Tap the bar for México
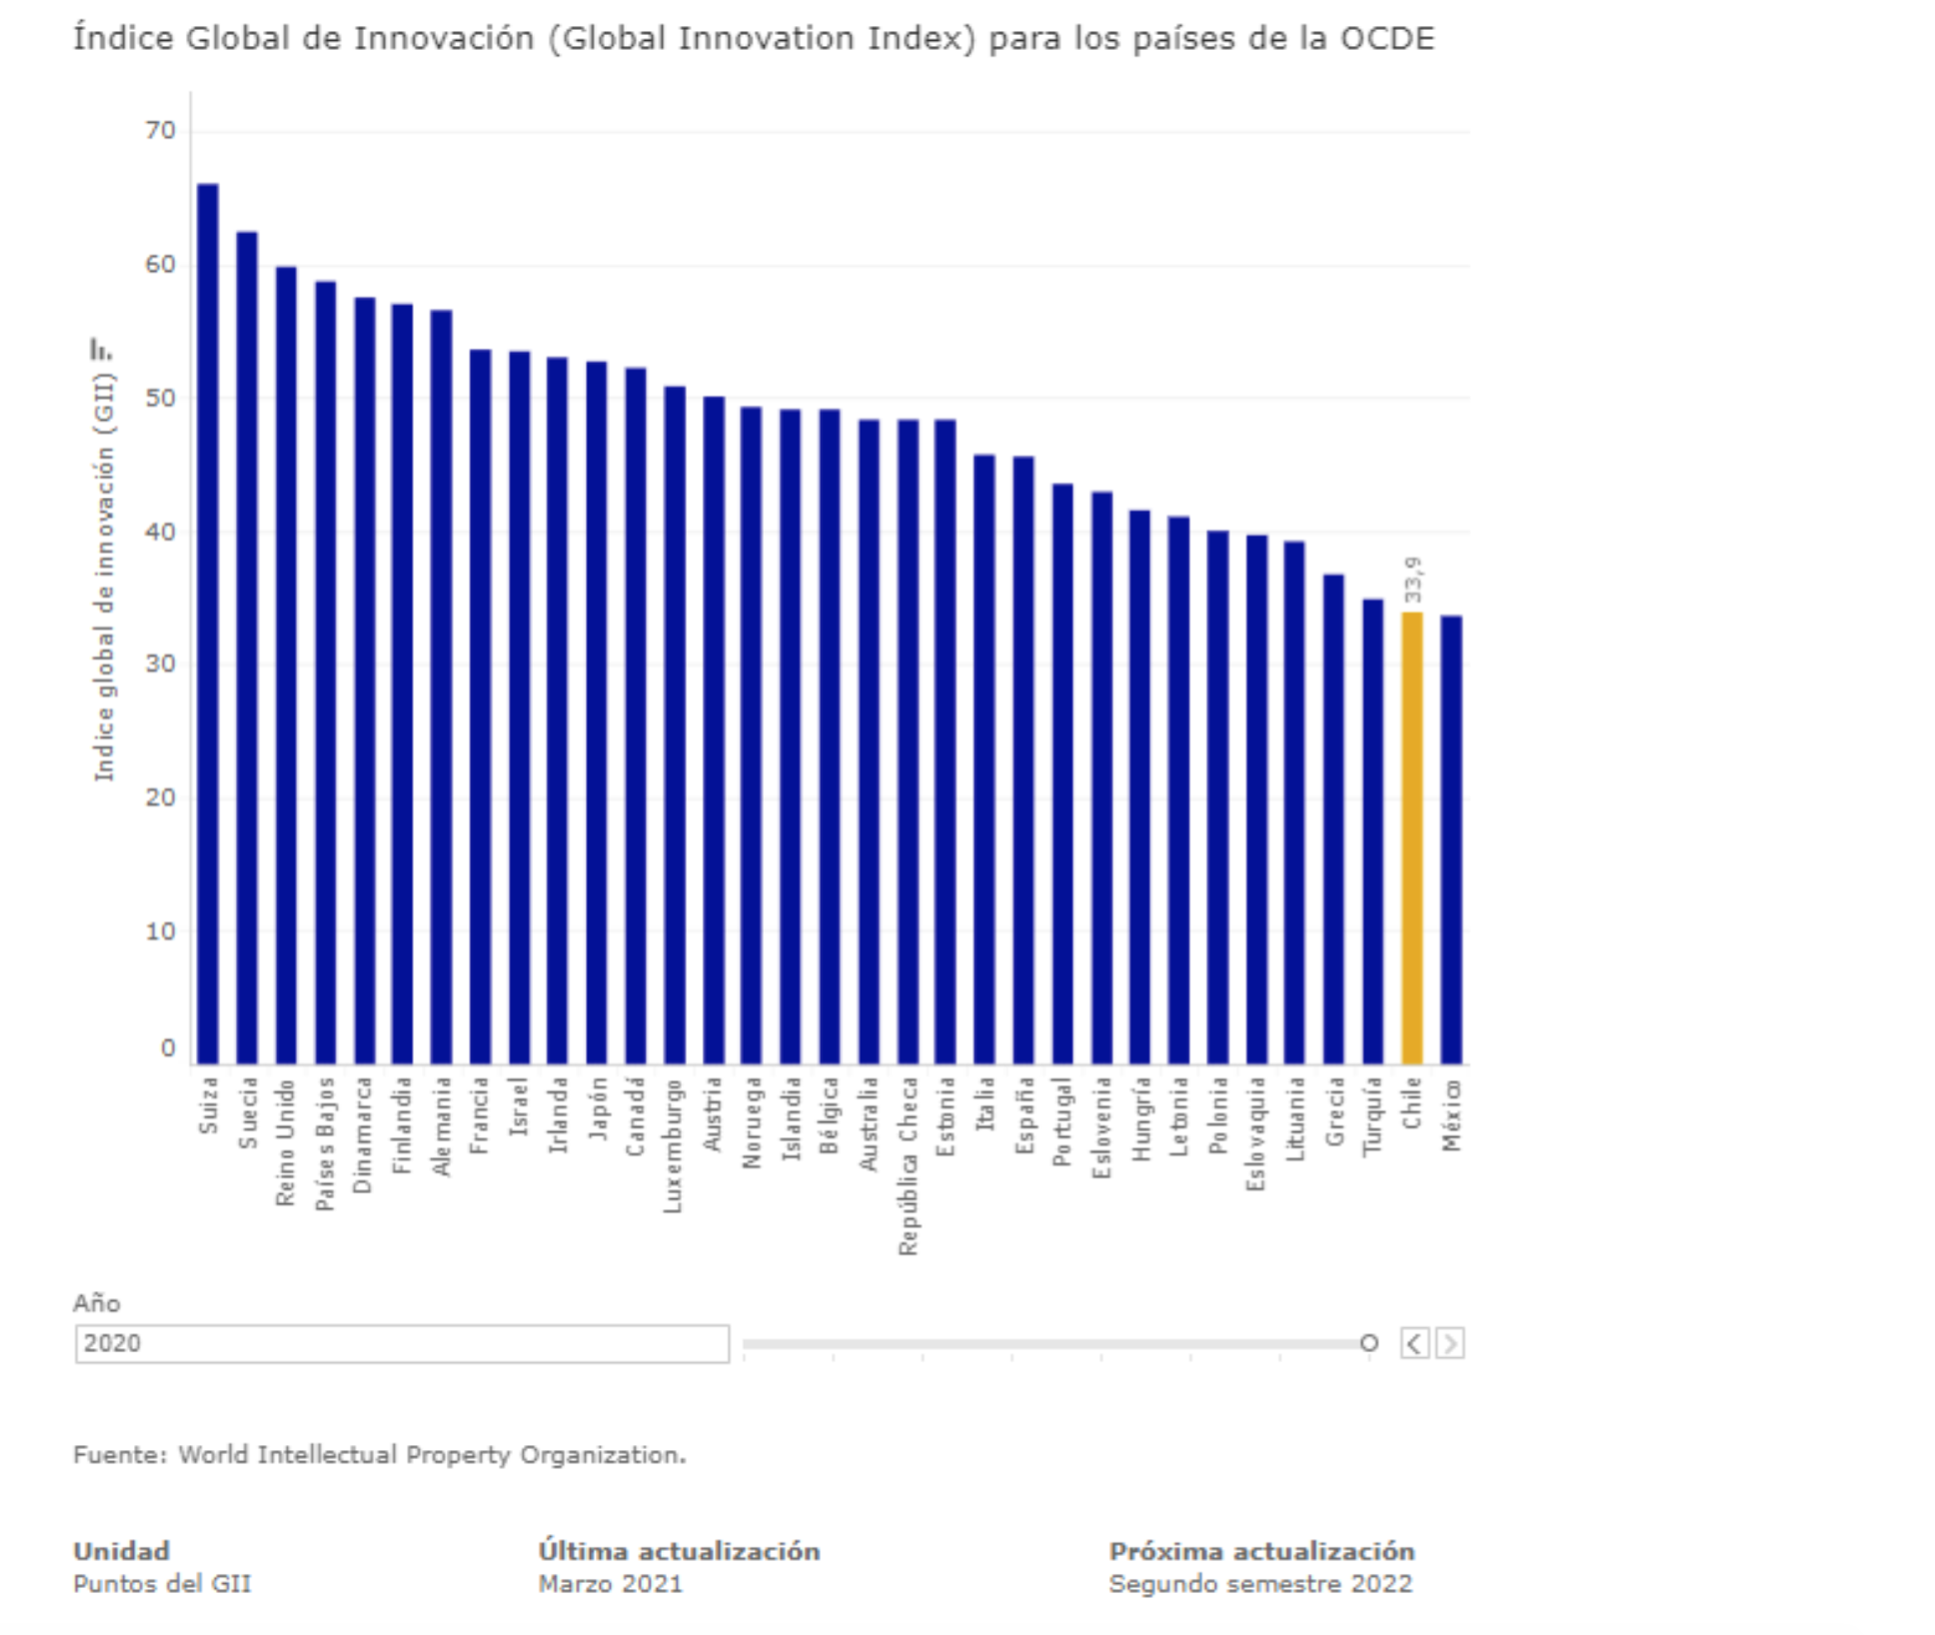[1451, 839]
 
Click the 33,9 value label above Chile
[1412, 580]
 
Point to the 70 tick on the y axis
[160, 131]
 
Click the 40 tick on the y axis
[160, 532]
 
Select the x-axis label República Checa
[908, 1165]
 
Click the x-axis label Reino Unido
[286, 1142]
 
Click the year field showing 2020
[402, 1343]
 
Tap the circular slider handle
[1369, 1343]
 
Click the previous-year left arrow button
[1414, 1343]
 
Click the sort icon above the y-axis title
[101, 350]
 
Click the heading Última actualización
[679, 1551]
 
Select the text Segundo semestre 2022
[1260, 1584]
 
